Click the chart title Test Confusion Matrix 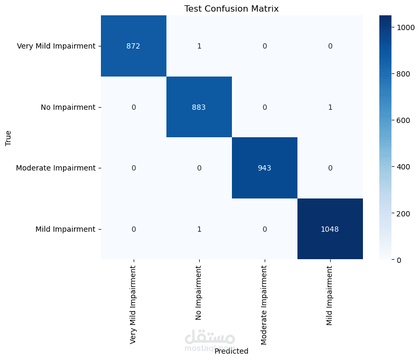pyautogui.click(x=231, y=9)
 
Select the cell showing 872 pyautogui.click(x=134, y=46)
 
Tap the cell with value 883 pyautogui.click(x=199, y=107)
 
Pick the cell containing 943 pyautogui.click(x=265, y=168)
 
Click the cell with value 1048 pyautogui.click(x=330, y=229)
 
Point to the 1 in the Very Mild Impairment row pyautogui.click(x=199, y=46)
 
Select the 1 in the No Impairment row pyautogui.click(x=330, y=107)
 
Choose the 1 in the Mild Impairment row pyautogui.click(x=199, y=229)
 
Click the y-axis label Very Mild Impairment pyautogui.click(x=56, y=46)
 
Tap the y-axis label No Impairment pyautogui.click(x=68, y=107)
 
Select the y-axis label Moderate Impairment pyautogui.click(x=55, y=168)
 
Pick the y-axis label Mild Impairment pyautogui.click(x=65, y=229)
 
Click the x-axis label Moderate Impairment pyautogui.click(x=265, y=304)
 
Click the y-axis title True pyautogui.click(x=8, y=138)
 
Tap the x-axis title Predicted pyautogui.click(x=231, y=350)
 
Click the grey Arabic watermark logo pyautogui.click(x=210, y=338)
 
